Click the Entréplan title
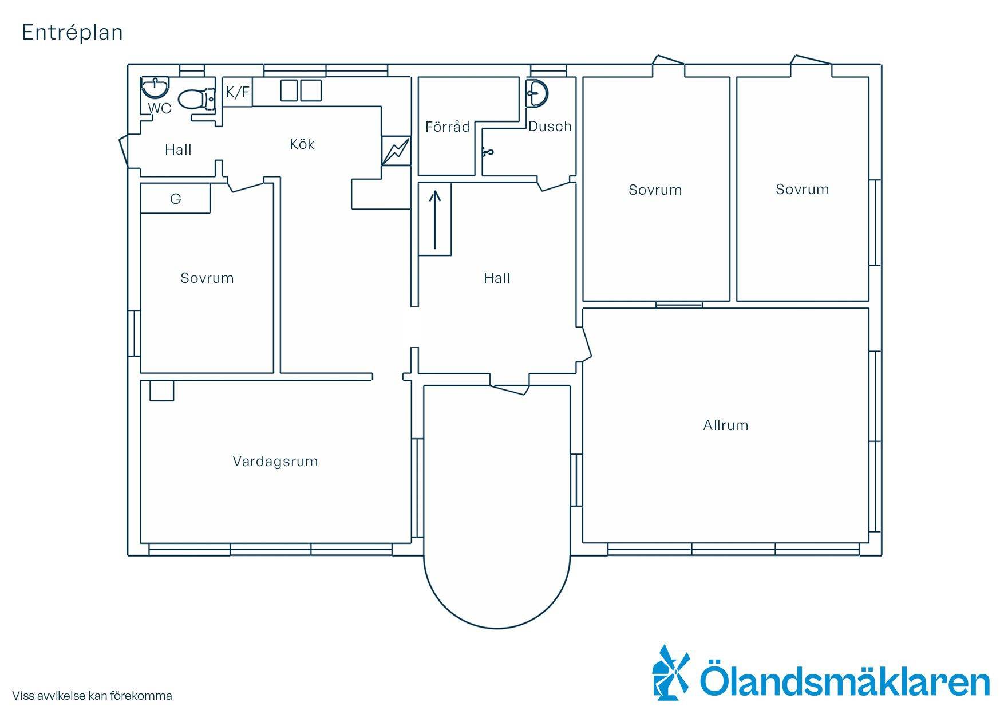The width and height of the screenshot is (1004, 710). coord(72,33)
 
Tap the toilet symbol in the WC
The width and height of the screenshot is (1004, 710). coord(196,99)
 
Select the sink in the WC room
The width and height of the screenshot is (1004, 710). coord(155,88)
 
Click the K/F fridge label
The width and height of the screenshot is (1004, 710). coord(238,92)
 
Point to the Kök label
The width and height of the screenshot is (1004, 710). coord(302,144)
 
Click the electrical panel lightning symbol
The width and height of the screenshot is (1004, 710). coord(396,151)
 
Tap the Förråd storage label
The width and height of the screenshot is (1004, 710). coord(448,127)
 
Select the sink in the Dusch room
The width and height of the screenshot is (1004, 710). coord(537,92)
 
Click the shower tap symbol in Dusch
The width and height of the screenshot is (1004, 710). coord(487,152)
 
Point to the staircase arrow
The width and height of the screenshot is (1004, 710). coord(436,220)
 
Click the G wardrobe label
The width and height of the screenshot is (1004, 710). coord(176,199)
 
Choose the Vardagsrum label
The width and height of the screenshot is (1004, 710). coord(275,461)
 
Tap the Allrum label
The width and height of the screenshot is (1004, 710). coord(726,425)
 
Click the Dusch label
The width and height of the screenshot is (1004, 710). coord(550,126)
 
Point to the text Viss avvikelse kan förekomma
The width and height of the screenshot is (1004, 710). coord(92,696)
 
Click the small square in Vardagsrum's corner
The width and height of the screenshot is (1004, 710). coord(162,391)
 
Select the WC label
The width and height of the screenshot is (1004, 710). coord(160,109)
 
